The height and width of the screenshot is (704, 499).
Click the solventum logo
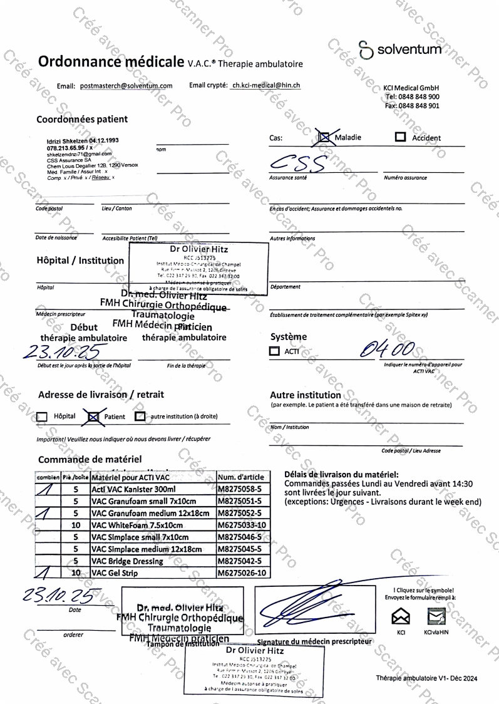pos(401,49)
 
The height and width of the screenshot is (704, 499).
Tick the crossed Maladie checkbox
pos(324,137)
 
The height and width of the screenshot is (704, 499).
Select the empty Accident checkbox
pos(400,137)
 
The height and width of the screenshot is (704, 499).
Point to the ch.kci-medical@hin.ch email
pos(265,85)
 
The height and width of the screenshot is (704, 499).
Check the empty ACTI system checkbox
pos(274,351)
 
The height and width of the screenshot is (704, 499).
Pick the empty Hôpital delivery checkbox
pos(43,417)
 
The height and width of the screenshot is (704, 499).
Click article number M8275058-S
pos(242,489)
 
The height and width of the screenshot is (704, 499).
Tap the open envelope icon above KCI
pos(401,617)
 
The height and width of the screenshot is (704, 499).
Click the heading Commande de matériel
pos(90,459)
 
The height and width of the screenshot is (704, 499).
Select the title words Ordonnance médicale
pos(111,61)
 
